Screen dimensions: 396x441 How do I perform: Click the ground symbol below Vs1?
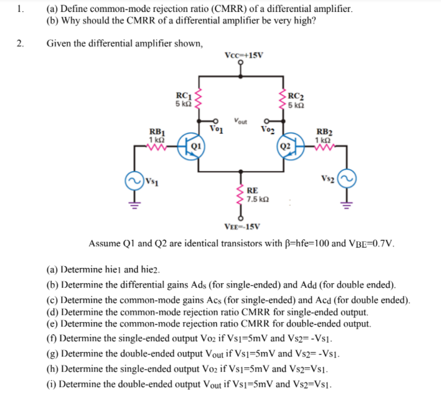pos(135,206)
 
